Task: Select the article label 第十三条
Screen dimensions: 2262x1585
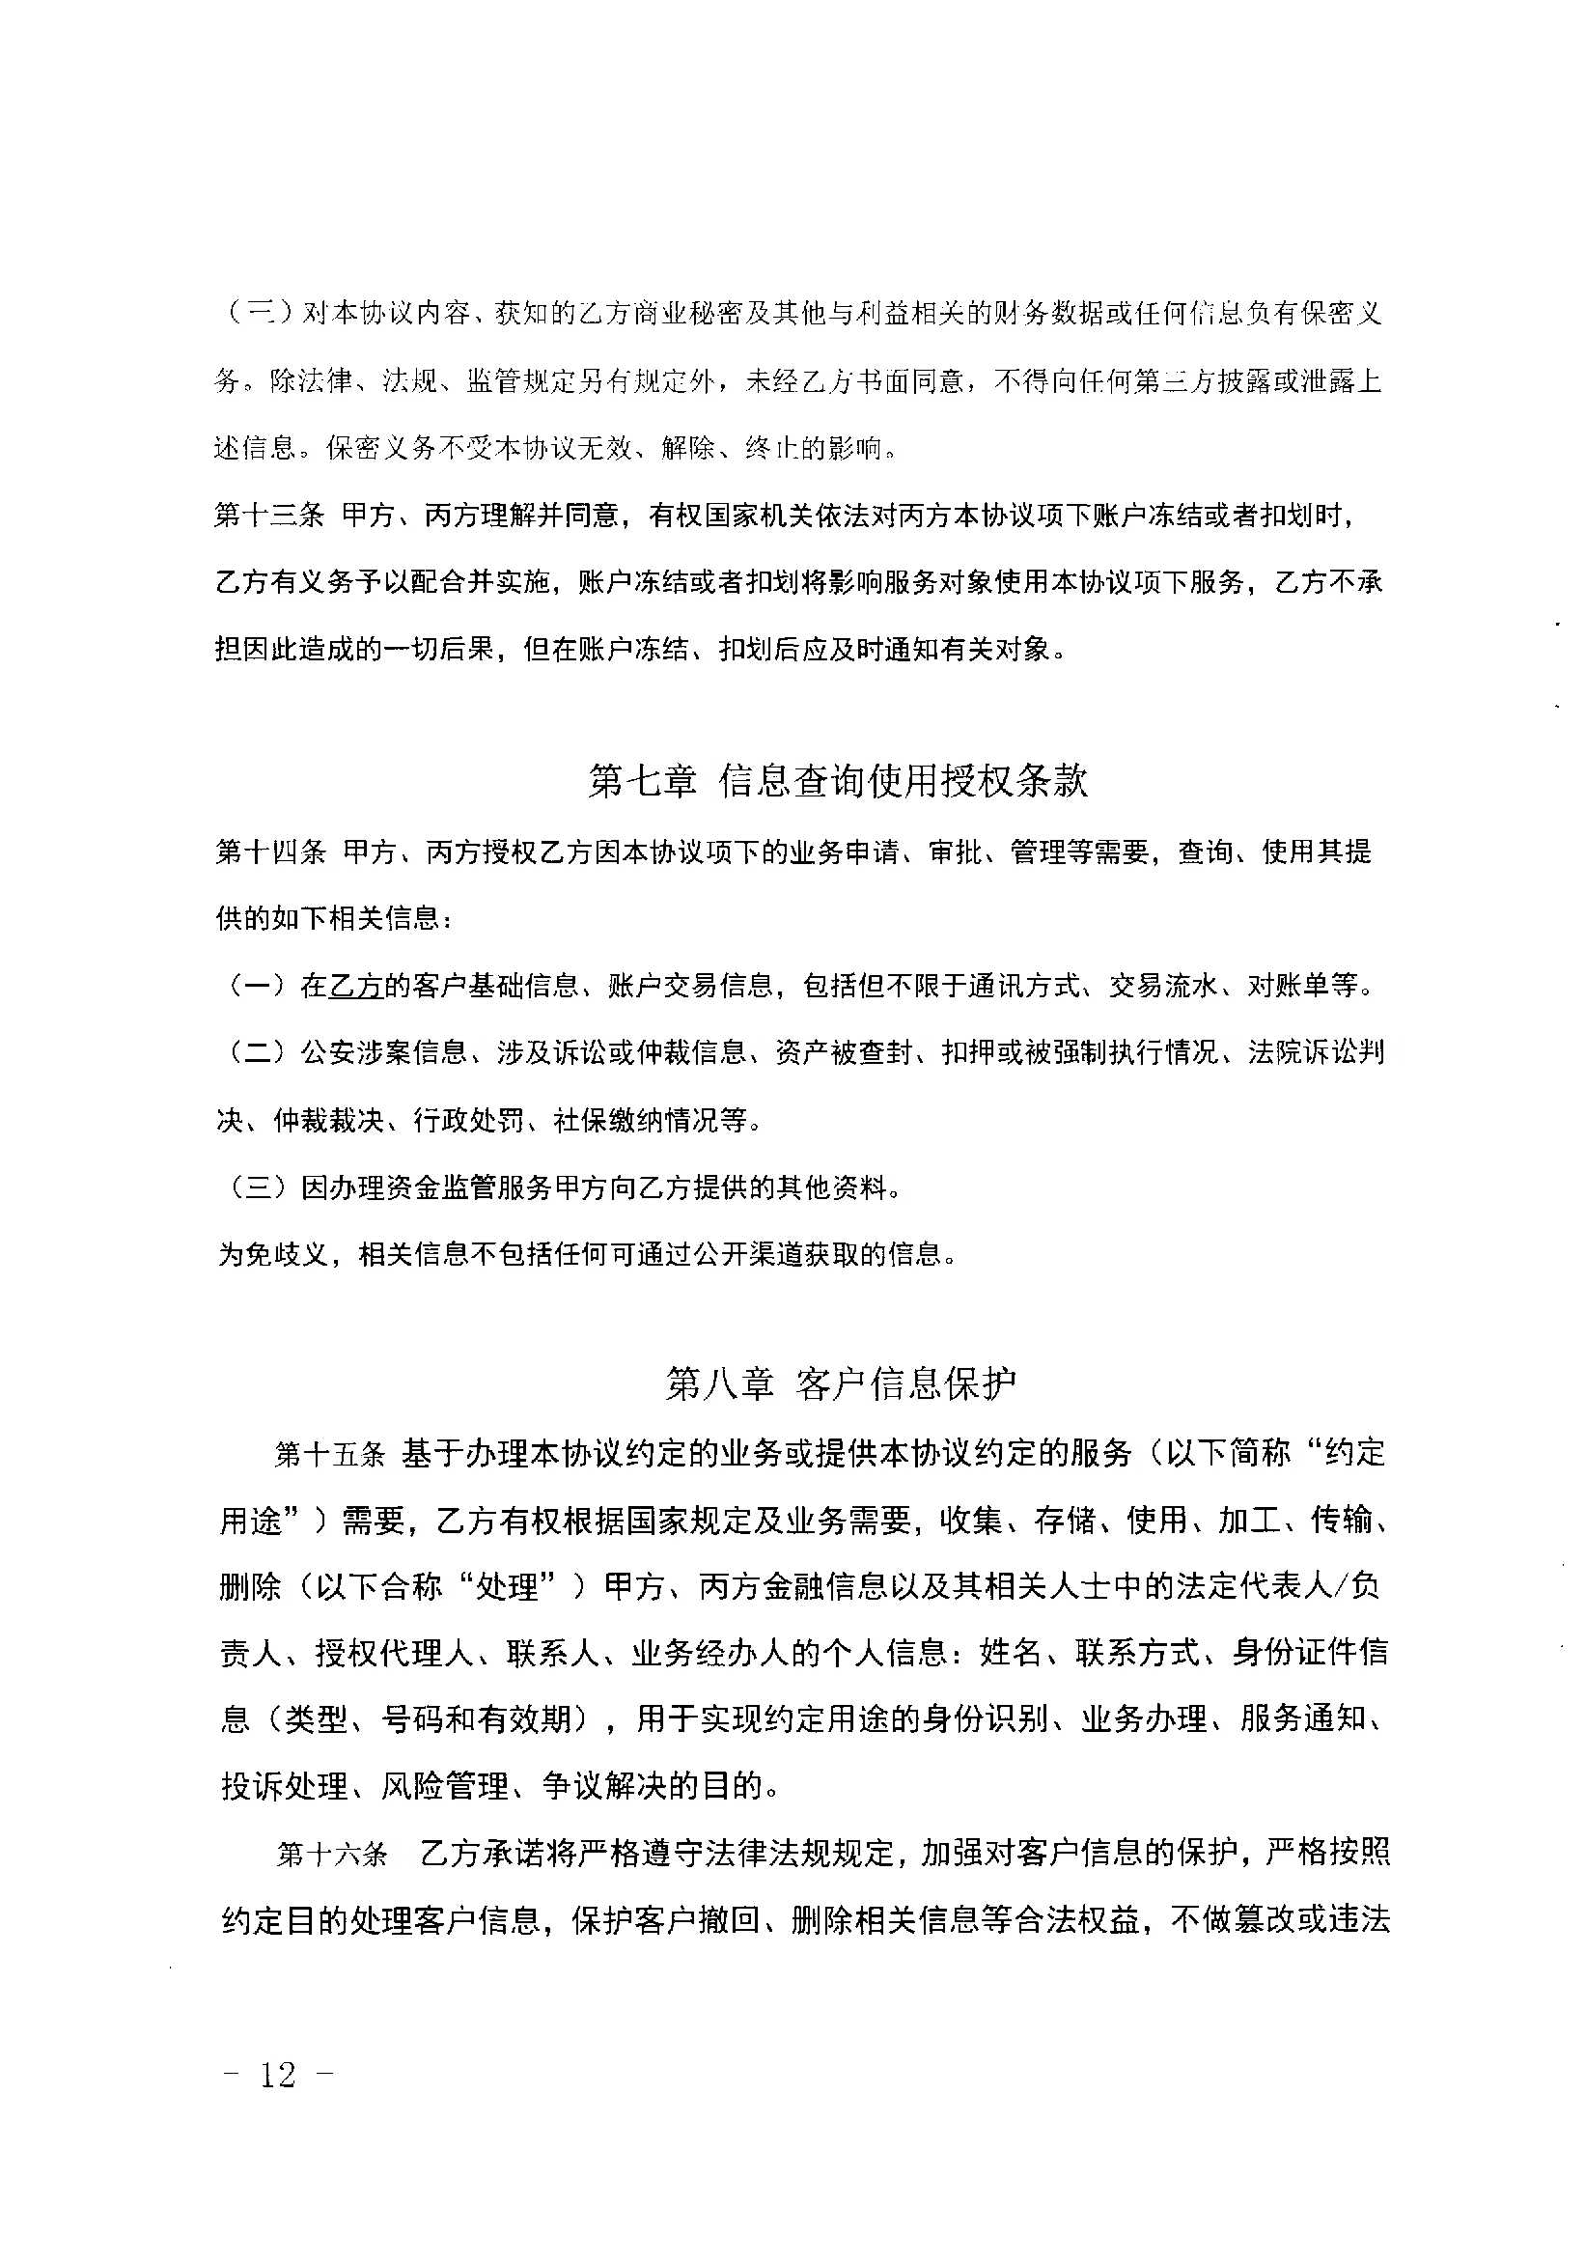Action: [x=269, y=516]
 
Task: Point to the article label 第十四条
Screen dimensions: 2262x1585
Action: [x=270, y=852]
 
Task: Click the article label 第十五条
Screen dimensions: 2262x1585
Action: [x=329, y=1454]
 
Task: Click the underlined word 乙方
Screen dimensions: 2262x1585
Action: [x=355, y=985]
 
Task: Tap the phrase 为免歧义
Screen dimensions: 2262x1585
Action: [x=272, y=1254]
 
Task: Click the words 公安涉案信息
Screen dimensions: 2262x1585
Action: [x=383, y=1053]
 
